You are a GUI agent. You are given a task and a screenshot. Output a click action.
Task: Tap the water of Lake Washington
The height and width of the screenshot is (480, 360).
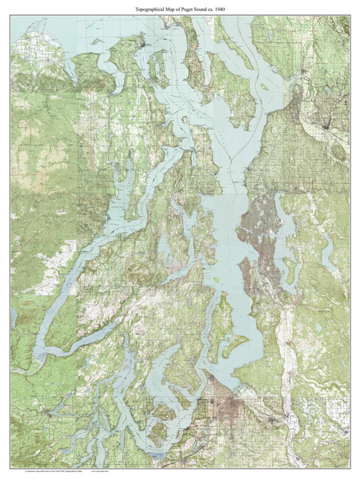[282, 232]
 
